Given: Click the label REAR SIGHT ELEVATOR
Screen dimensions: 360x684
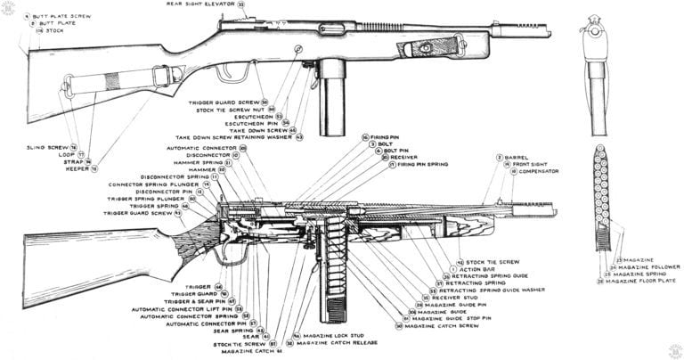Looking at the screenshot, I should point(201,4).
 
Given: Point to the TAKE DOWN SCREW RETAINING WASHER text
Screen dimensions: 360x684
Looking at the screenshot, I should point(235,137).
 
